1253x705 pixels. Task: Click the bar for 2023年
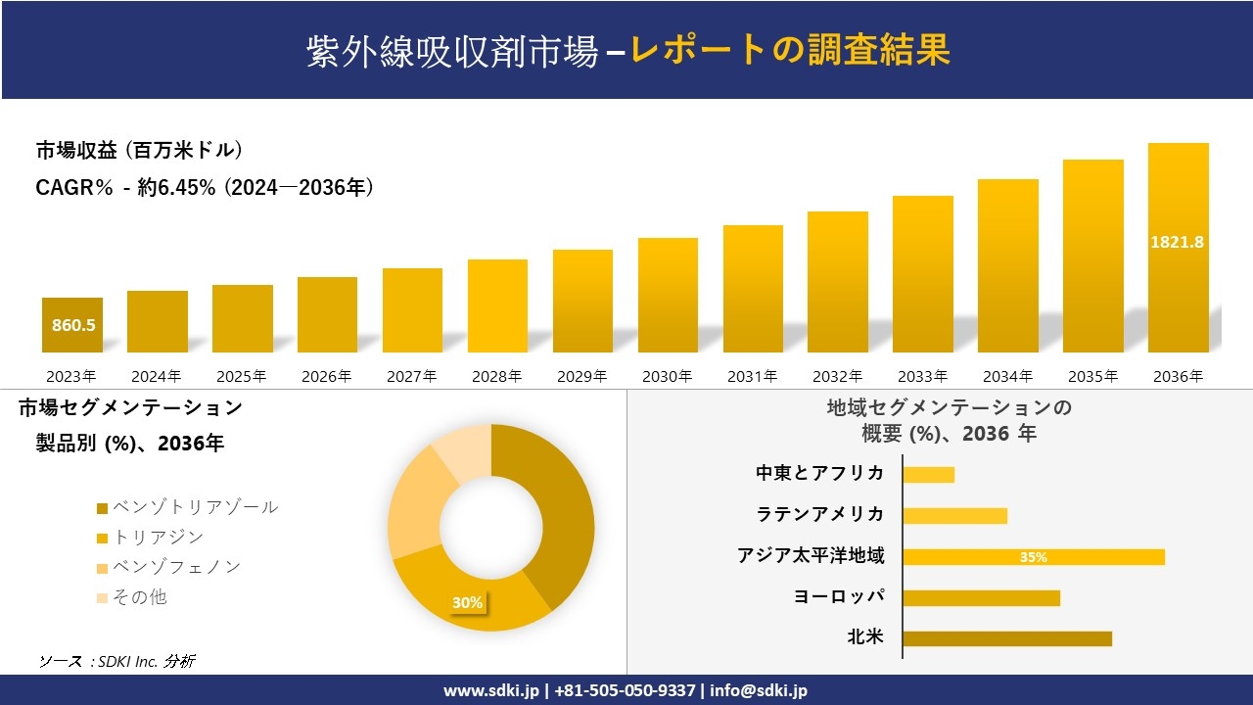(72, 325)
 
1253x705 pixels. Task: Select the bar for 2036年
(1178, 248)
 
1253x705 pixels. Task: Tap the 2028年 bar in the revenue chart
(497, 305)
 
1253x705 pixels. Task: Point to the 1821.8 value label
(1177, 242)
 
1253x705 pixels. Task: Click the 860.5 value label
(73, 325)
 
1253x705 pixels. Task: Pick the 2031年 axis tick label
(752, 376)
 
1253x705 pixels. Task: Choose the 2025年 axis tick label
(242, 376)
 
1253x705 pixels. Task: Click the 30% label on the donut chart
(467, 602)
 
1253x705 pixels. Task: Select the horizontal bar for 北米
(1006, 638)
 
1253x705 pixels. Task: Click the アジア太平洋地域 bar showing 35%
(1033, 557)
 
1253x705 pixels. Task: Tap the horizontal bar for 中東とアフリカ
(928, 475)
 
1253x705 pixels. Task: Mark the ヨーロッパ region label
(839, 596)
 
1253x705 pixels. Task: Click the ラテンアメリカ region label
(819, 514)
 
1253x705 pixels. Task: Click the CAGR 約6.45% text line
(205, 188)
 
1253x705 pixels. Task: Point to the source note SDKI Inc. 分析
(116, 661)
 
